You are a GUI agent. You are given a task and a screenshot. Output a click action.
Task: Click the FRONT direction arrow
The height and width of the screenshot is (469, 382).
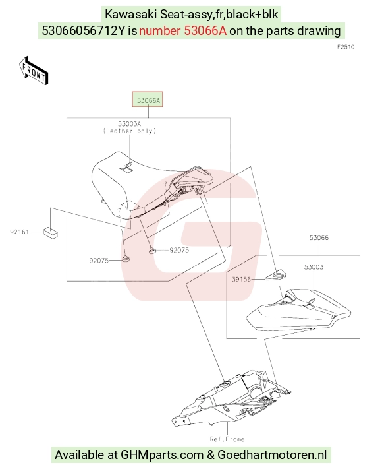[34, 71]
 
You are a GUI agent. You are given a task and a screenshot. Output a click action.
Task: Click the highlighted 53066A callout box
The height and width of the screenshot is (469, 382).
[148, 100]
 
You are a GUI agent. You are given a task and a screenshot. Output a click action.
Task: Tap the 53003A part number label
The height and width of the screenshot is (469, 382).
[129, 124]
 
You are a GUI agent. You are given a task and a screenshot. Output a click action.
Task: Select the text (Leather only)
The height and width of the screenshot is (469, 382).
[130, 131]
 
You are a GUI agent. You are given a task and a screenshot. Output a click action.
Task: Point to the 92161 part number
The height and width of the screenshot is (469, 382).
[19, 232]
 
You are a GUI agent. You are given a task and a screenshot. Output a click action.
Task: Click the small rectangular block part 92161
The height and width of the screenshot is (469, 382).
[51, 233]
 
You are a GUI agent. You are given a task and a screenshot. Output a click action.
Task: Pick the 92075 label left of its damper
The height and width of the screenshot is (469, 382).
[99, 261]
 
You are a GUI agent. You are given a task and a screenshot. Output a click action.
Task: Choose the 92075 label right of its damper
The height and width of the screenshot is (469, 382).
[179, 250]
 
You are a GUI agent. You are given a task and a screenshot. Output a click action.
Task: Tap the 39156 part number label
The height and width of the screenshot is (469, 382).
[241, 280]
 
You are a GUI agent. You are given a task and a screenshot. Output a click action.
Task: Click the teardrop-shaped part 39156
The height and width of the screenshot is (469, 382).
[276, 276]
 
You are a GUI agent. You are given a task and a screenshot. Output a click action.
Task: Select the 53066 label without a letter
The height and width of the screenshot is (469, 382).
[319, 237]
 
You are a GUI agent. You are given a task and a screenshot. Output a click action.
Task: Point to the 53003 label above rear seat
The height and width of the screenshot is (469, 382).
[314, 266]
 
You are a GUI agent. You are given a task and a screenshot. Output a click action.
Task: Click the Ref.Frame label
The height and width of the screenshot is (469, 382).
[227, 439]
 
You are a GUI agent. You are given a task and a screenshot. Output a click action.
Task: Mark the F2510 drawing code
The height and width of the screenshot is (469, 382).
[346, 47]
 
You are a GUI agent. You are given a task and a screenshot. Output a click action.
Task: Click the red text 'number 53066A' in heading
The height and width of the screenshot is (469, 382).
[183, 30]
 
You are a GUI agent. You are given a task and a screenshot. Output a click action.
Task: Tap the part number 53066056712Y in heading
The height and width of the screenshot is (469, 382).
[83, 30]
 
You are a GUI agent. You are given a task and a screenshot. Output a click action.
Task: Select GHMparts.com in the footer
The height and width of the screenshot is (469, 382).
[162, 454]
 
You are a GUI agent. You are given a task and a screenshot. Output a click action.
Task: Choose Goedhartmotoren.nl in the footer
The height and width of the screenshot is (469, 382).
[272, 454]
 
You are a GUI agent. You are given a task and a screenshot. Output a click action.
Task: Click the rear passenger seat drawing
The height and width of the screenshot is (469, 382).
[298, 310]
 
